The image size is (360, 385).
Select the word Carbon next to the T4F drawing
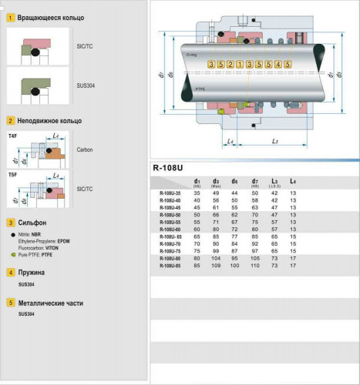[84, 149]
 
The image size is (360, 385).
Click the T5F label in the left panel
[13, 175]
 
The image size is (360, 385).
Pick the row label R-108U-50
[170, 214]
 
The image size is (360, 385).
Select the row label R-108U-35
[170, 192]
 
